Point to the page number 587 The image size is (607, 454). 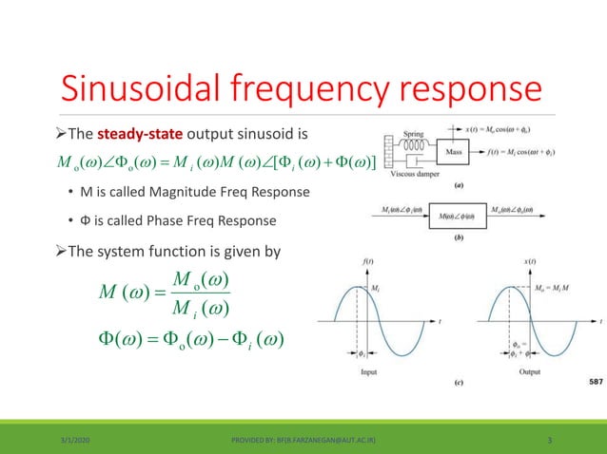point(590,382)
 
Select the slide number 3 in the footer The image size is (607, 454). point(551,440)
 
